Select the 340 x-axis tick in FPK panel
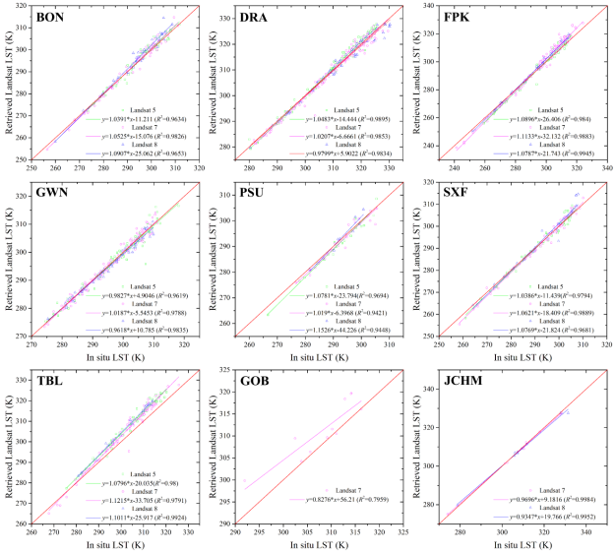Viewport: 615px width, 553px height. click(604, 165)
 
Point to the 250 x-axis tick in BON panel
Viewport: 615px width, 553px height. click(32, 165)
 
